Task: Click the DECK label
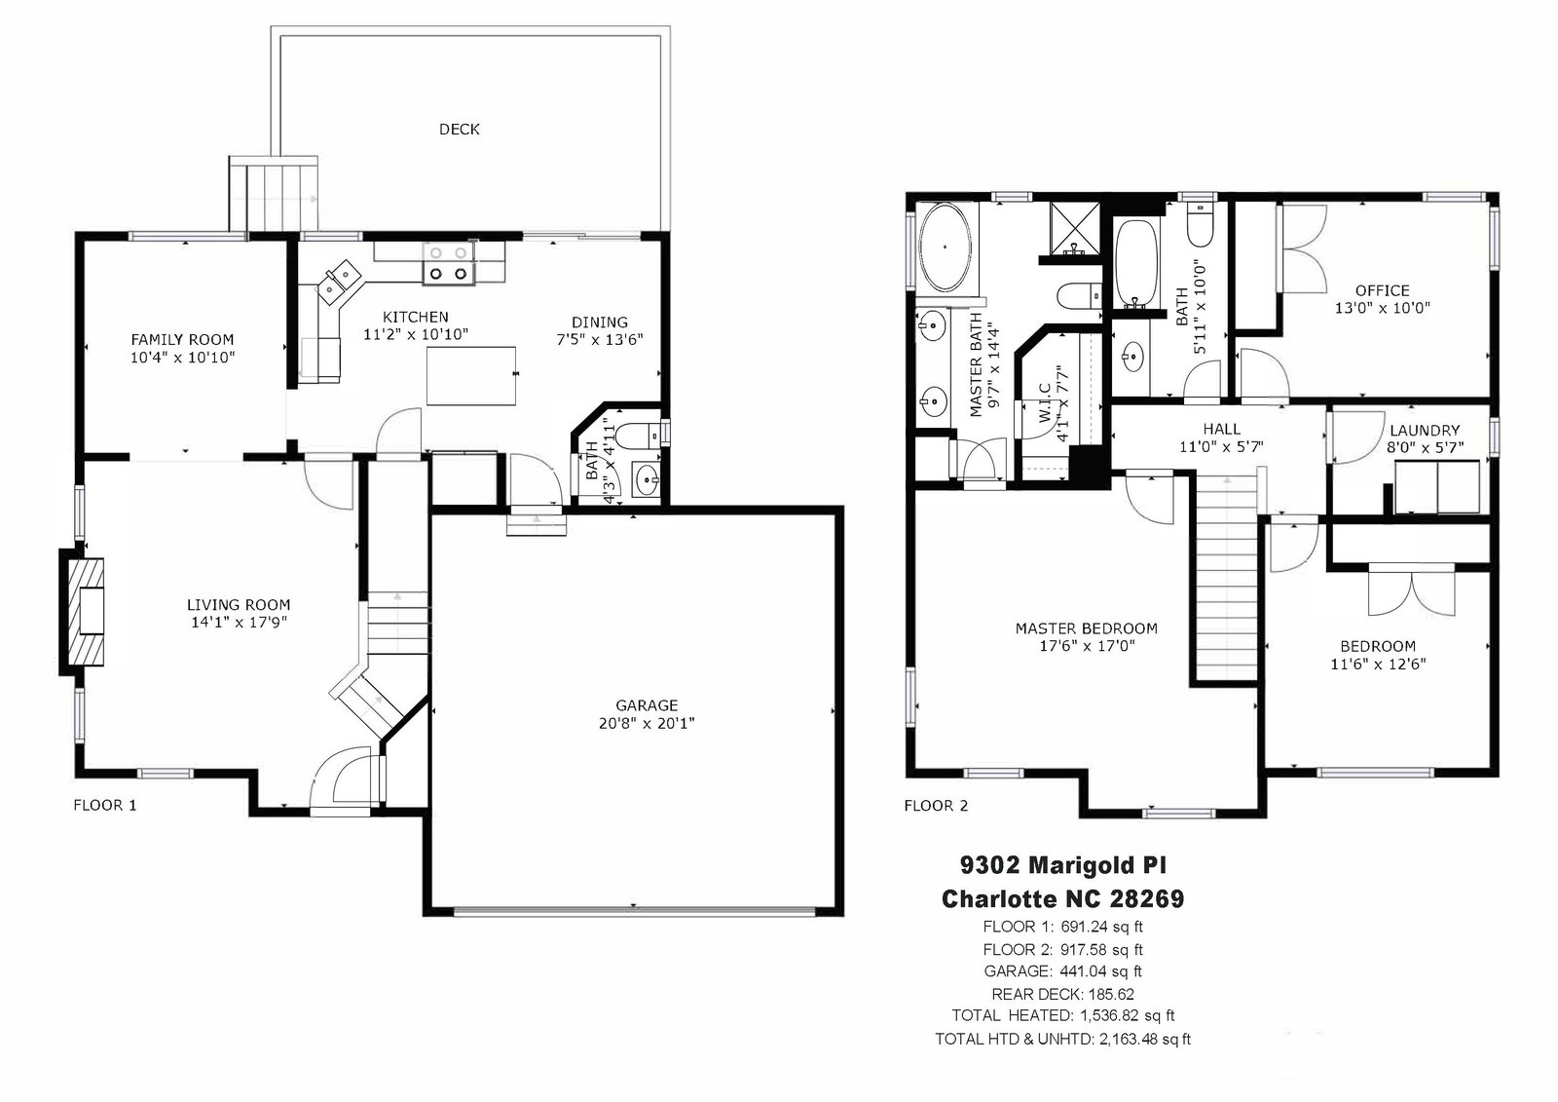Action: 459,129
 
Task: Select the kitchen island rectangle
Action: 471,375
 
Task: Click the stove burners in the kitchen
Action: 449,264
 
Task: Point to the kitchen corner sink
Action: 339,280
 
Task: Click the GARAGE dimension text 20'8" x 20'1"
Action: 647,723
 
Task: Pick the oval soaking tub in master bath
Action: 945,247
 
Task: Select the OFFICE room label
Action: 1382,290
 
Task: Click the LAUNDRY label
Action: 1425,431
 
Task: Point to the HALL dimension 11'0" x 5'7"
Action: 1221,446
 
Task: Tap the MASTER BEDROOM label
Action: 1087,628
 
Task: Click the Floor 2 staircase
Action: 1228,578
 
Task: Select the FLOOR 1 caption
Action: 105,806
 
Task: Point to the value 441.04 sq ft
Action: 1100,971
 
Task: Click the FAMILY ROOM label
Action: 182,340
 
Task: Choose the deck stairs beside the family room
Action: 274,194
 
